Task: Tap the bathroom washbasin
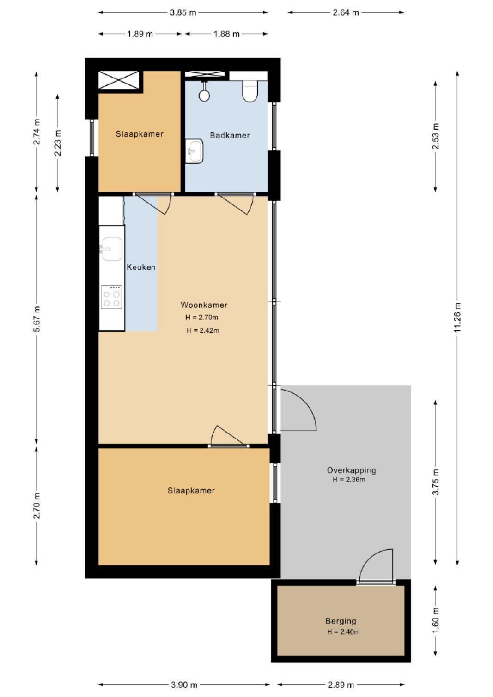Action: pyautogui.click(x=194, y=151)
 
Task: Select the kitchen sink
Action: pyautogui.click(x=111, y=249)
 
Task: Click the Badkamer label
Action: pyautogui.click(x=230, y=135)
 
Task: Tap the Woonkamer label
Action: pyautogui.click(x=204, y=305)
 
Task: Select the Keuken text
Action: pyautogui.click(x=141, y=267)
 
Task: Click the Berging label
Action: pyautogui.click(x=341, y=621)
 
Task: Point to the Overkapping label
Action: pyautogui.click(x=351, y=470)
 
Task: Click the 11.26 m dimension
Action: pyautogui.click(x=457, y=318)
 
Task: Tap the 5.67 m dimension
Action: pyautogui.click(x=37, y=319)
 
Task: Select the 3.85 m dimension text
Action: pyautogui.click(x=183, y=13)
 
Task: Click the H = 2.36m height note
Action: pyautogui.click(x=349, y=480)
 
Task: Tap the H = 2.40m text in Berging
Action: pyautogui.click(x=343, y=632)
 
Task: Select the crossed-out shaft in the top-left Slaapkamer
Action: pyautogui.click(x=119, y=80)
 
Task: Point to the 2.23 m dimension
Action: pyautogui.click(x=57, y=143)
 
